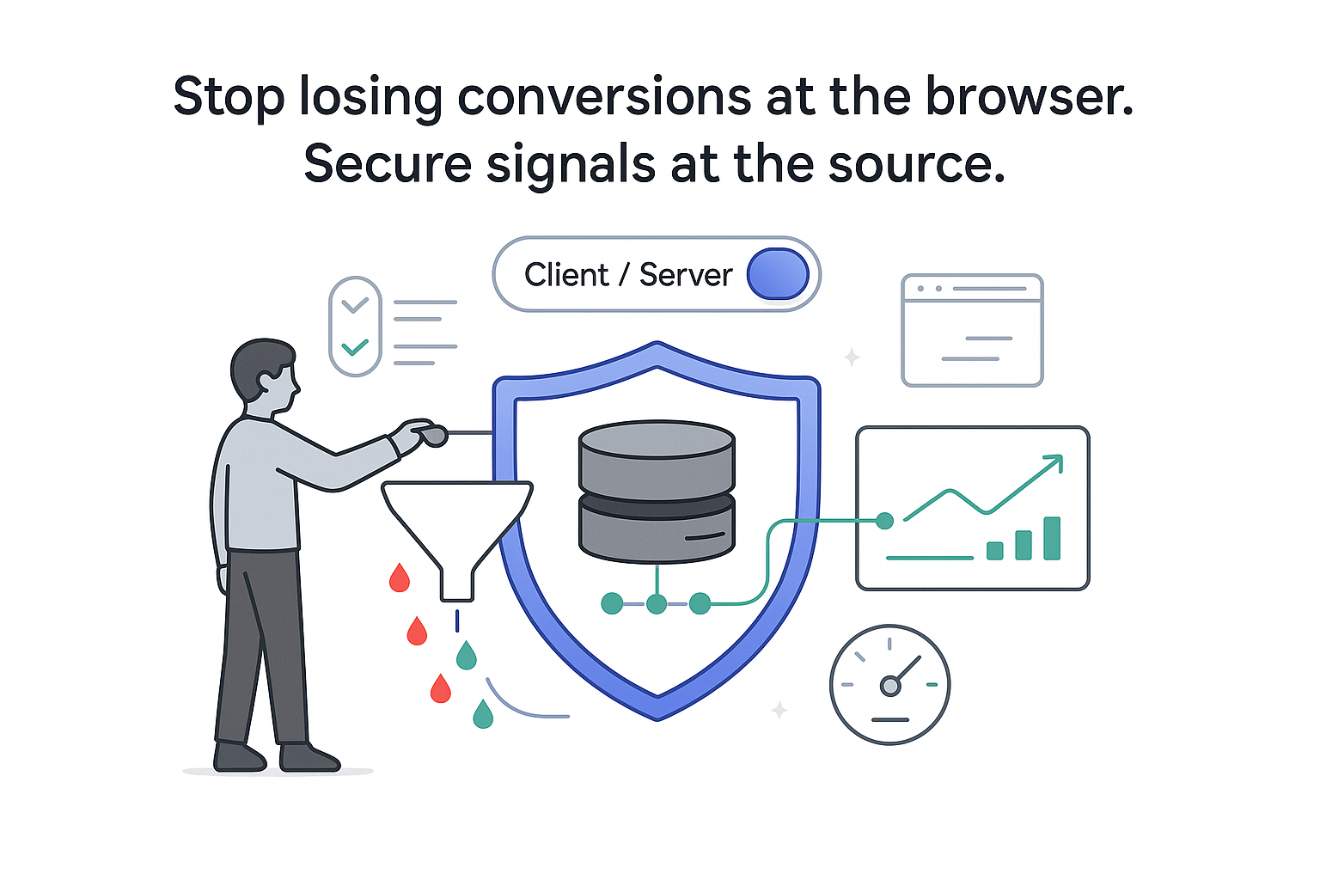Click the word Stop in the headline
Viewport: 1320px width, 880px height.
[229, 96]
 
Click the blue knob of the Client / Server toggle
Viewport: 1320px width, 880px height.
[778, 274]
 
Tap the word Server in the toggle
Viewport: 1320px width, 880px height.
[686, 275]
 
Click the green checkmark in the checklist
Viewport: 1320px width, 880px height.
[355, 347]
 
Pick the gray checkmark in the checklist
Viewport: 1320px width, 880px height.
[355, 304]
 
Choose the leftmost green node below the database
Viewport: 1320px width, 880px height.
[612, 603]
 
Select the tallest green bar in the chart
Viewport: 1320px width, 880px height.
[1052, 538]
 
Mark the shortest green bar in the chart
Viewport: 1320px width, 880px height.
[995, 551]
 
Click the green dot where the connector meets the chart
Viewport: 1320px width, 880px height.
[884, 520]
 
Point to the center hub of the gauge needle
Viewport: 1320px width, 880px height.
[890, 686]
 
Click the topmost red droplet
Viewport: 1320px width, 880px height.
[400, 578]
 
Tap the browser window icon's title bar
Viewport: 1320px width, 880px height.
[972, 289]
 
